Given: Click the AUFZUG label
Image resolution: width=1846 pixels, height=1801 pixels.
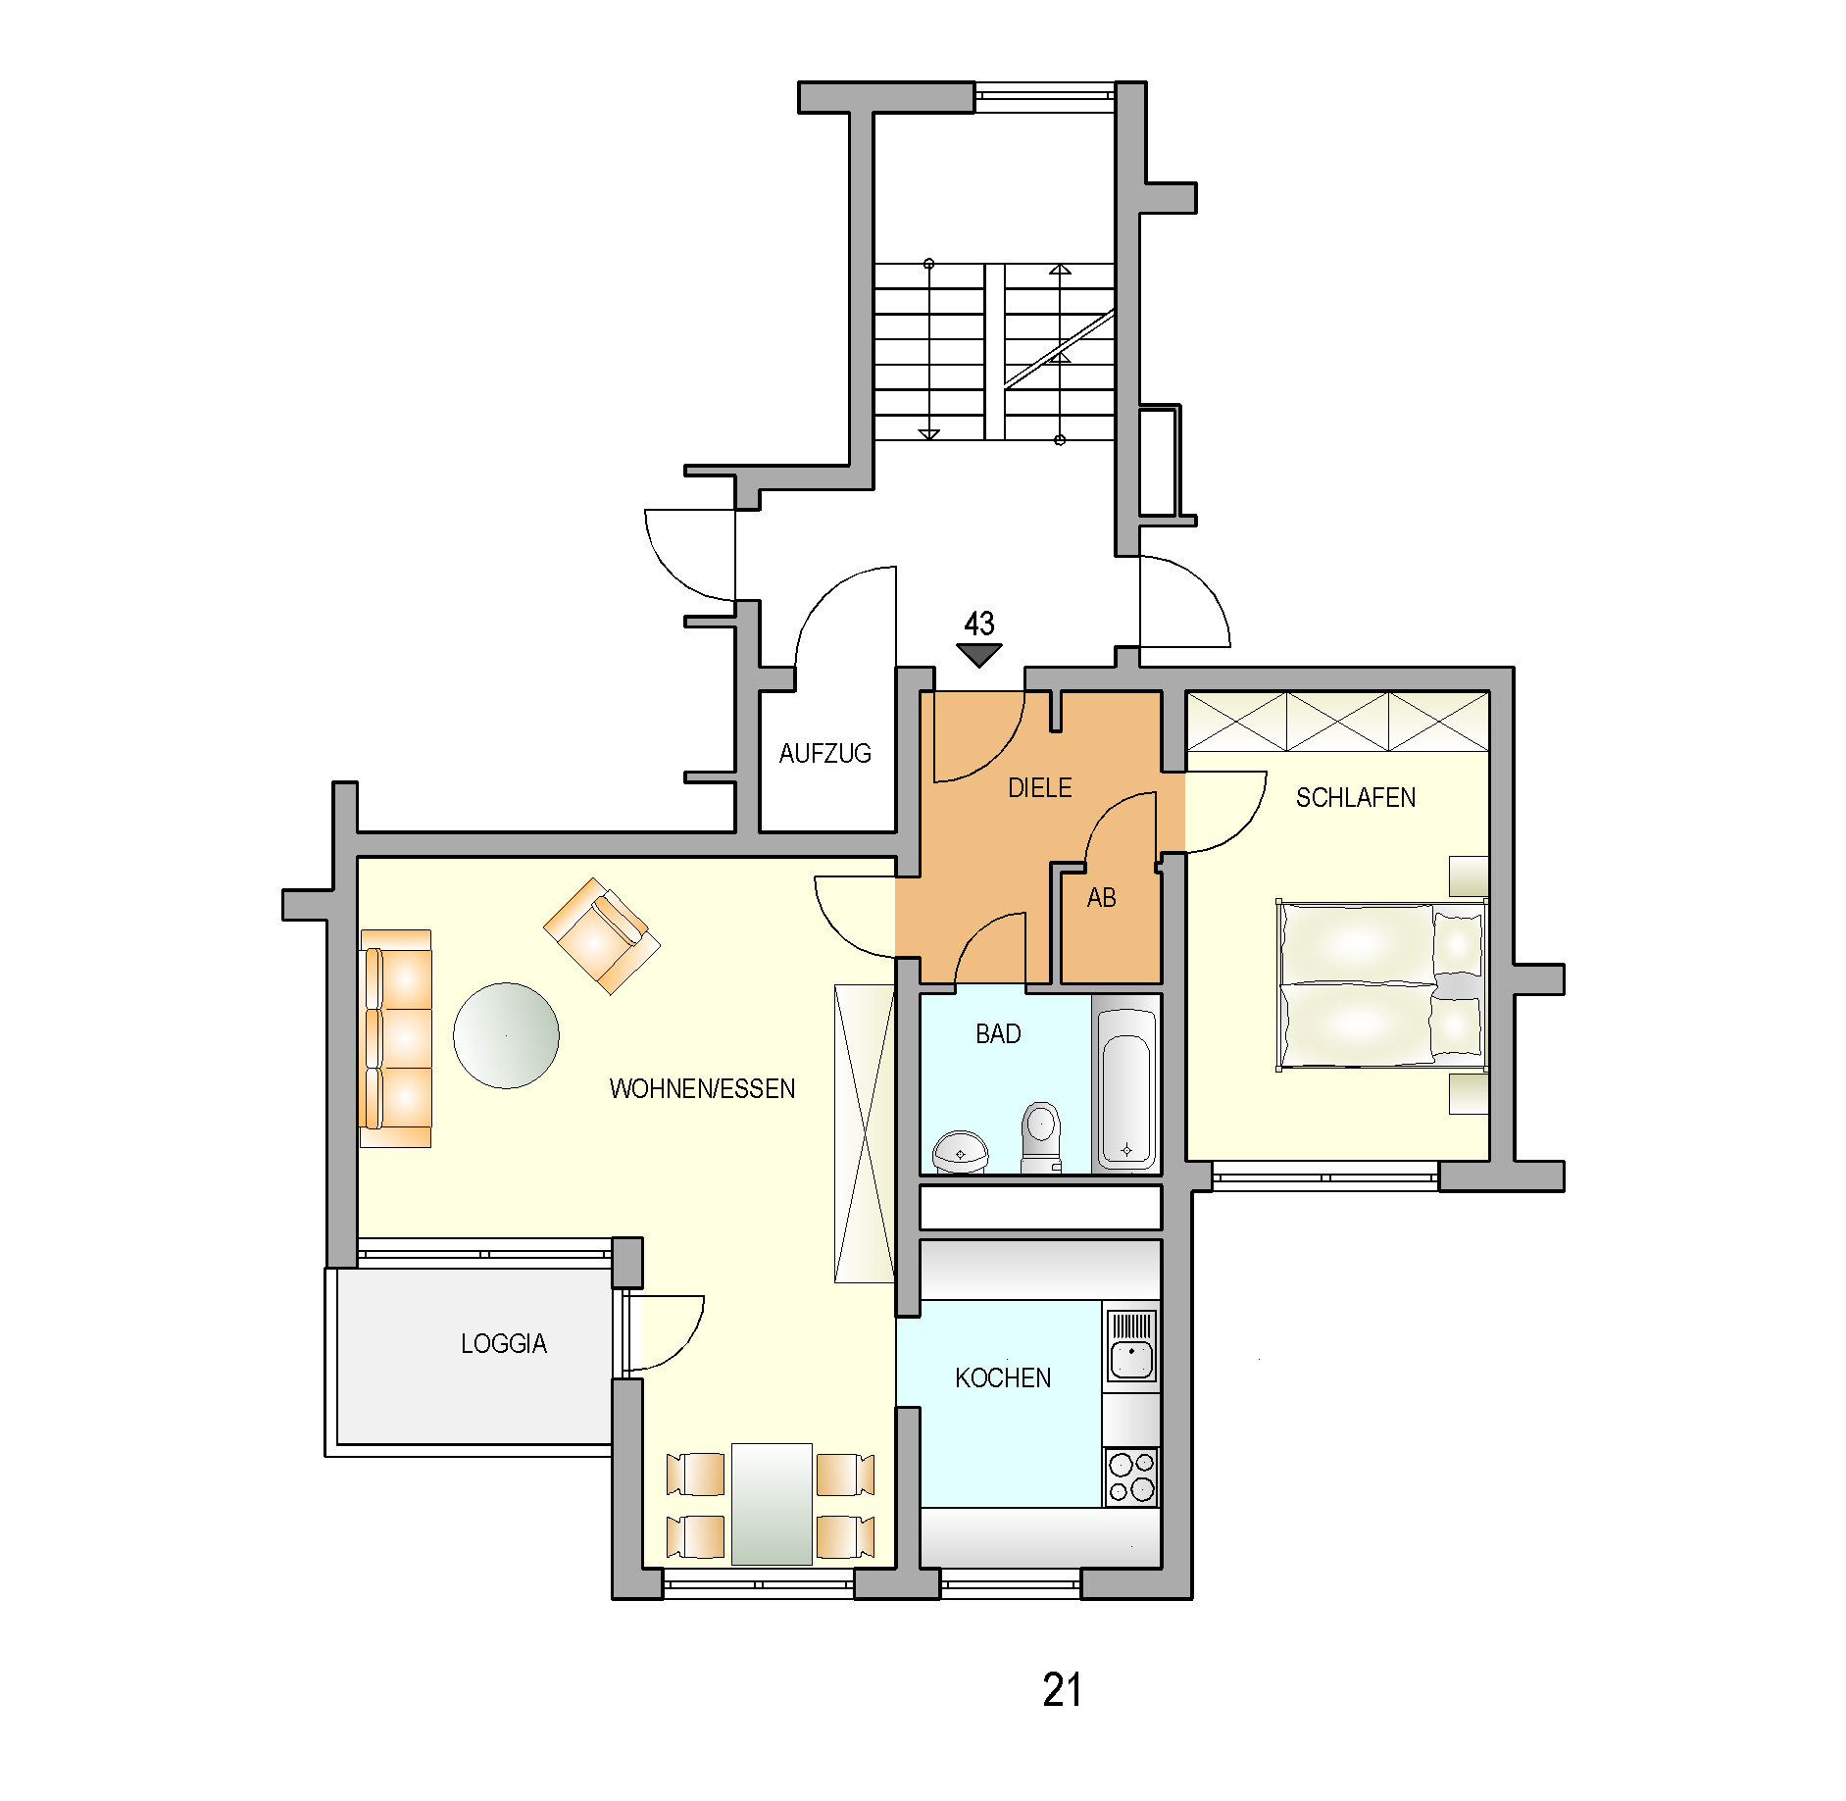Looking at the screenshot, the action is pyautogui.click(x=824, y=753).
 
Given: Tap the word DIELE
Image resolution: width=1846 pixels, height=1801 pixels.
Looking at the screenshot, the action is pyautogui.click(x=1039, y=787).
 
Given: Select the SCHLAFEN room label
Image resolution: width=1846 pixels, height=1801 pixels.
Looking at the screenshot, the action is pyautogui.click(x=1355, y=797).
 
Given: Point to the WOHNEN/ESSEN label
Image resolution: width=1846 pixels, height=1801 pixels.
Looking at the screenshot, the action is pyautogui.click(x=702, y=1088).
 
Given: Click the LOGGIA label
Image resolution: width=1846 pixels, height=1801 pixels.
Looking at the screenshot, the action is pyautogui.click(x=503, y=1343).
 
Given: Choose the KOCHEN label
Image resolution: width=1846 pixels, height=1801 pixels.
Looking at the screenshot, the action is pyautogui.click(x=1002, y=1377).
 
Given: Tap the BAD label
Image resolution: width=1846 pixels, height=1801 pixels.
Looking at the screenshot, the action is pyautogui.click(x=998, y=1033).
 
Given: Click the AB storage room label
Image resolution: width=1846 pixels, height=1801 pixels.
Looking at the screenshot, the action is pyautogui.click(x=1101, y=897).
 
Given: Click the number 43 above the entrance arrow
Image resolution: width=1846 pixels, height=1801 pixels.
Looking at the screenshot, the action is pyautogui.click(x=978, y=624).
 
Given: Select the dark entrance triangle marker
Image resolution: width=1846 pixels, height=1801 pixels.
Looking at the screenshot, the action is pyautogui.click(x=978, y=654).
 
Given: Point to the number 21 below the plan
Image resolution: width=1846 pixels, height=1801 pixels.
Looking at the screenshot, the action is pyautogui.click(x=1062, y=1690).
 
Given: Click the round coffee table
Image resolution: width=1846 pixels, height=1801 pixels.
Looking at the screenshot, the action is pyautogui.click(x=506, y=1035).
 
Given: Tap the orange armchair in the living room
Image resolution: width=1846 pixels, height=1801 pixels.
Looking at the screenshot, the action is pyautogui.click(x=601, y=935).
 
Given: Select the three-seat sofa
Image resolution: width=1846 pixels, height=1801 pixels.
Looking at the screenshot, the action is pyautogui.click(x=396, y=1038).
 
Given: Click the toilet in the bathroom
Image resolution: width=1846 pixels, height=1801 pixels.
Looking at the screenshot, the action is pyautogui.click(x=1040, y=1137).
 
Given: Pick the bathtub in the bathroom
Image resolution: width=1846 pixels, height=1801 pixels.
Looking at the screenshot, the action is pyautogui.click(x=1125, y=1086).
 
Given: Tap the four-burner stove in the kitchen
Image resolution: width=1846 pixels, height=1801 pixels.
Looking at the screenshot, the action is pyautogui.click(x=1131, y=1477).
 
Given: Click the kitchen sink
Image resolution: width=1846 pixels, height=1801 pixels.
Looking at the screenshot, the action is pyautogui.click(x=1131, y=1345).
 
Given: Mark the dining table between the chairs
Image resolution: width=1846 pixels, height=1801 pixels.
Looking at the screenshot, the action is pyautogui.click(x=772, y=1503).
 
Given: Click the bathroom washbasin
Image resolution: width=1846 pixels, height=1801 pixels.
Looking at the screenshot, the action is pyautogui.click(x=960, y=1152).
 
